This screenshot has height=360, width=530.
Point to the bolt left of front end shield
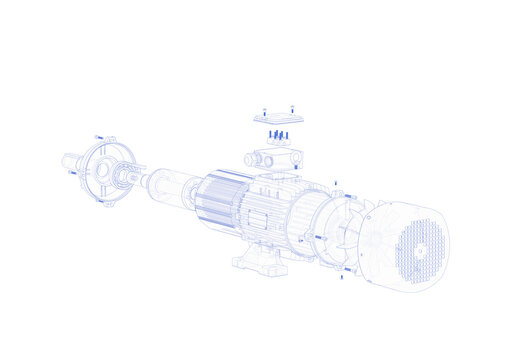(72, 173)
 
